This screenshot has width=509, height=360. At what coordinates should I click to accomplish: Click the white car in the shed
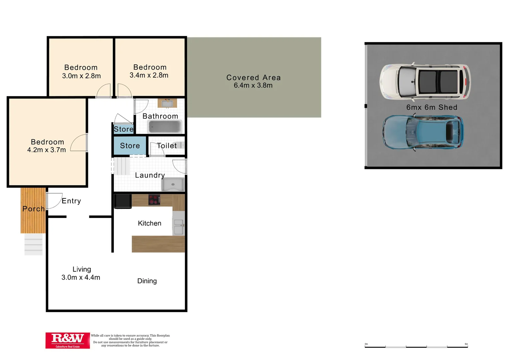[x=425, y=82]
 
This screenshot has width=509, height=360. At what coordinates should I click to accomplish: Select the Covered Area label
[x=254, y=78]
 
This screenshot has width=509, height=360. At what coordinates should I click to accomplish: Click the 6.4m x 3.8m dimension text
[x=253, y=86]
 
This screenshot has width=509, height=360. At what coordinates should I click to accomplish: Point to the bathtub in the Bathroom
[x=165, y=127]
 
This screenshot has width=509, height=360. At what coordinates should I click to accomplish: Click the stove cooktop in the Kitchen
[x=154, y=200]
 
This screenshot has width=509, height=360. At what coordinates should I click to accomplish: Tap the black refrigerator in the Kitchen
[x=123, y=201]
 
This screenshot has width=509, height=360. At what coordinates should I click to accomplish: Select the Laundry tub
[x=173, y=184]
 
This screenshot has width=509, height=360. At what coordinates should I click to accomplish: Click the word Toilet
[x=167, y=146]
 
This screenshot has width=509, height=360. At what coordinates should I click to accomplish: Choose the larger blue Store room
[x=130, y=146]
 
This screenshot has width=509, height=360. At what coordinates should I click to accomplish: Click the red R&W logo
[x=68, y=340]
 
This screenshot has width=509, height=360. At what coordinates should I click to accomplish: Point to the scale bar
[x=416, y=347]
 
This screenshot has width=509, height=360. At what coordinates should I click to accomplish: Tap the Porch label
[x=33, y=209]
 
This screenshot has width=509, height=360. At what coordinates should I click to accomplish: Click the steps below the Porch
[x=33, y=244]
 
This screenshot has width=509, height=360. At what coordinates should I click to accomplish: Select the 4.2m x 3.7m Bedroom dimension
[x=47, y=150]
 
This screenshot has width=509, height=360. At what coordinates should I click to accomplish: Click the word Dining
[x=147, y=281]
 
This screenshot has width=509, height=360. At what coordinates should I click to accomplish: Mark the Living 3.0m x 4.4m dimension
[x=81, y=277]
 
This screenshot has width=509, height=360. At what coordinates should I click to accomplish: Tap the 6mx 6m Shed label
[x=432, y=107]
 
